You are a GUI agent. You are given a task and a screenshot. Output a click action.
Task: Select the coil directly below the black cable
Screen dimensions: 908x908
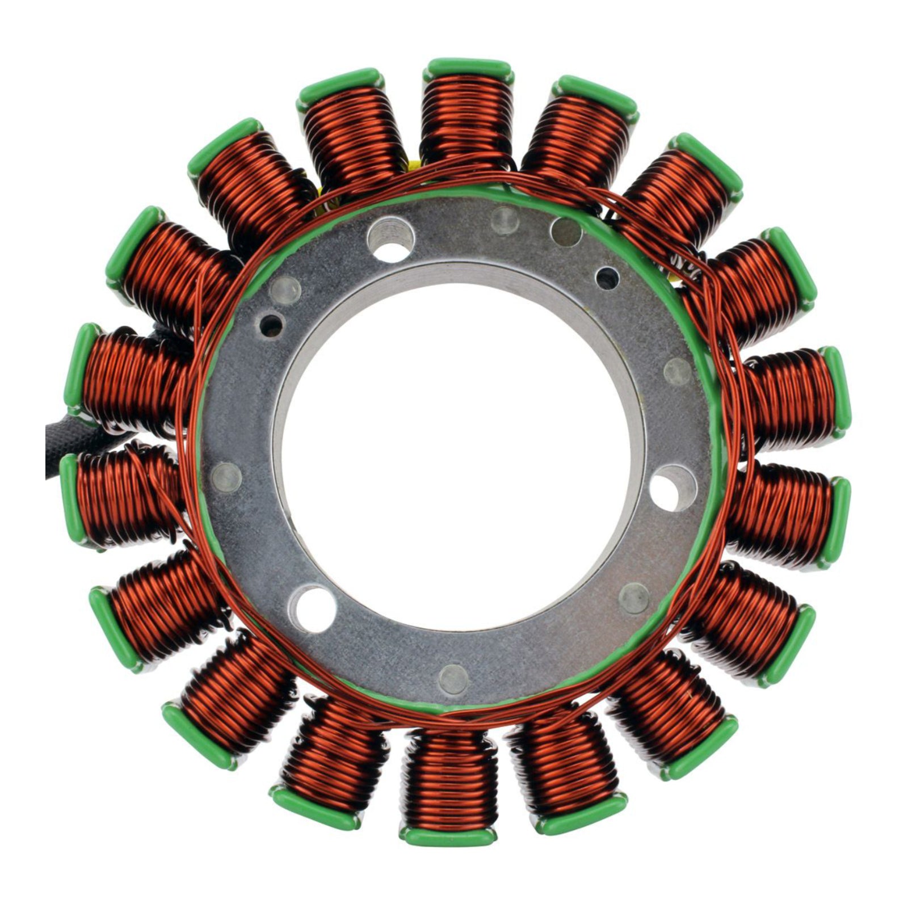122,494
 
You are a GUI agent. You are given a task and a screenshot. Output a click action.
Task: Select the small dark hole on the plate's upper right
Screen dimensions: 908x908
607,276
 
